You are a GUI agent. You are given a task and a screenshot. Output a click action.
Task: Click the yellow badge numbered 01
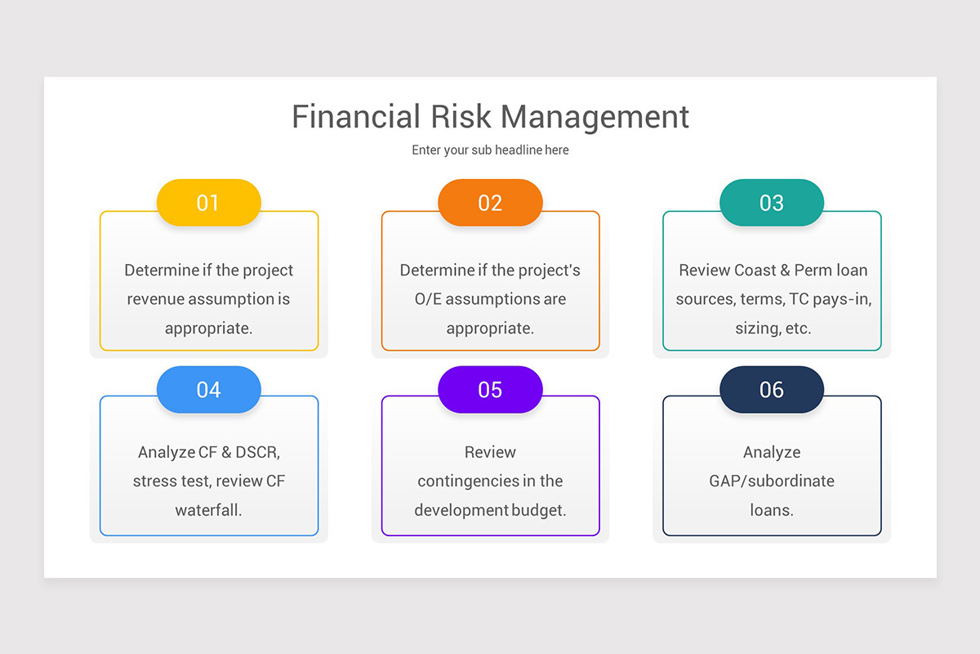pos(208,203)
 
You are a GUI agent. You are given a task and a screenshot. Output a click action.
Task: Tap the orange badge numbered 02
pos(490,203)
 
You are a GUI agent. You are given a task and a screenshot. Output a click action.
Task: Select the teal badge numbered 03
pos(772,203)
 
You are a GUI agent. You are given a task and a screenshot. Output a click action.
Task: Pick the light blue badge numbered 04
pos(208,390)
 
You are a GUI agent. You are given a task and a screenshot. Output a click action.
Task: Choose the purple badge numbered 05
pos(490,390)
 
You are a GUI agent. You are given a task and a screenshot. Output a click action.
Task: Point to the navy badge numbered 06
pos(772,390)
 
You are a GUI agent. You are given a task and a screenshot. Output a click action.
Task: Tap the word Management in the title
pos(595,116)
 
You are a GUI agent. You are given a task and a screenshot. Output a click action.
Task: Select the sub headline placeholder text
pos(490,150)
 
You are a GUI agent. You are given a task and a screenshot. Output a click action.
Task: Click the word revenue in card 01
pos(155,299)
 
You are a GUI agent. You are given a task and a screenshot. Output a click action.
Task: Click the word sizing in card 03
pos(757,329)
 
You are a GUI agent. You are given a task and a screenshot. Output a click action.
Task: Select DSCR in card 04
pos(257,452)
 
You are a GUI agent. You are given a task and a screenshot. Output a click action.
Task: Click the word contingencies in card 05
pos(467,481)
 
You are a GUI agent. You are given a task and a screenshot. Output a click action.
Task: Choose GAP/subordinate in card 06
pos(772,481)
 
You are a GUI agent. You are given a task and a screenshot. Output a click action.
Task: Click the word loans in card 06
pos(770,510)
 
